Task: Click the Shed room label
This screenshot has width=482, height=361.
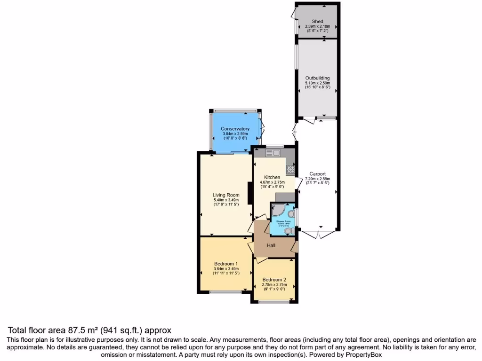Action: click(317, 21)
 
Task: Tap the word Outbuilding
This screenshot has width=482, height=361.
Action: click(317, 78)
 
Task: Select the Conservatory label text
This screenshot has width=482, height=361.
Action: click(235, 129)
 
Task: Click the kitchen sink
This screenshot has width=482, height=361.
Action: click(273, 153)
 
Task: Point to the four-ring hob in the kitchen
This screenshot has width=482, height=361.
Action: click(290, 170)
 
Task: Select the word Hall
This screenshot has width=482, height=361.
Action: click(271, 245)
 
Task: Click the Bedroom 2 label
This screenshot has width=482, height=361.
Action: click(274, 280)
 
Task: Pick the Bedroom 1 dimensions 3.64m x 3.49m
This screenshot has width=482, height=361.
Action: click(226, 269)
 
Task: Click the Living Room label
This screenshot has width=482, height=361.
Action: click(226, 195)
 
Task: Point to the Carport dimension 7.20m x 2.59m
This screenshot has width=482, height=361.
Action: click(318, 179)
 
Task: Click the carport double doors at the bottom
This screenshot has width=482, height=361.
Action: click(318, 234)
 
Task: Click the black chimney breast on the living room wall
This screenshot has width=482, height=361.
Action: click(249, 193)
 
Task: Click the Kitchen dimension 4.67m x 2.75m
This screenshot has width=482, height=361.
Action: click(273, 182)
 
